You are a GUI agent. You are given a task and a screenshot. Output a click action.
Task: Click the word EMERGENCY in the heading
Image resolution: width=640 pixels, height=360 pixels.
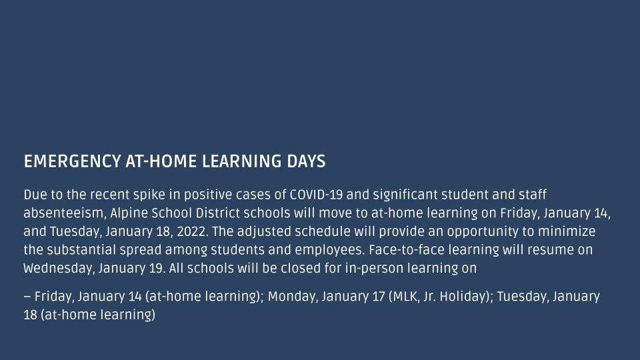tap(72, 161)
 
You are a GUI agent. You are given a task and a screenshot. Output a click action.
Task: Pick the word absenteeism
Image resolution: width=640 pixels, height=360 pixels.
tap(65, 213)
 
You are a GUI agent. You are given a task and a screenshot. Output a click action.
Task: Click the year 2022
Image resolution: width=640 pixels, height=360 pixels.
tap(192, 232)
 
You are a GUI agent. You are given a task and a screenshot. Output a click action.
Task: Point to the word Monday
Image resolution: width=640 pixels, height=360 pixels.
tap(293, 297)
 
